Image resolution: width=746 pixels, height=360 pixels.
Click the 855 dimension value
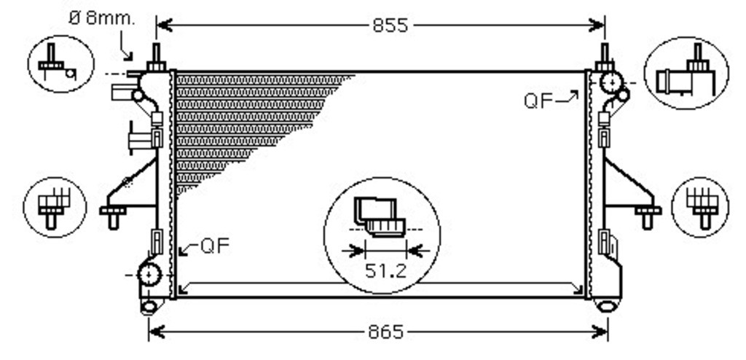point(390,26)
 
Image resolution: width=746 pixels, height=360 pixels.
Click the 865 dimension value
point(386,332)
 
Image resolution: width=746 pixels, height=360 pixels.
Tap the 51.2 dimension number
point(385,271)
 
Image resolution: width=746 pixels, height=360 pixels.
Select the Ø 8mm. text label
point(102,18)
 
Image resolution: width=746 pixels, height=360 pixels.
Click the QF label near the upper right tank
point(538,101)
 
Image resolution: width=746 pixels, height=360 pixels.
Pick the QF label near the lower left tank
point(215,246)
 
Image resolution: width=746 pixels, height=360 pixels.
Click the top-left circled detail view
point(61,64)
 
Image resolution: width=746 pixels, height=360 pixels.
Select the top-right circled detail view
point(686,73)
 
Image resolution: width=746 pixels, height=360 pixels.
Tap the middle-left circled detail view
point(55,207)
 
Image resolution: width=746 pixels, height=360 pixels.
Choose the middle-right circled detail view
point(700,207)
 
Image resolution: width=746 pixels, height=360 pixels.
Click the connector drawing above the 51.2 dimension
point(380,217)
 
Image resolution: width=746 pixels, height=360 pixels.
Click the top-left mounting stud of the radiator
point(156,57)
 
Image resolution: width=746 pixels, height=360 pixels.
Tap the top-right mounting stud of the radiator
point(605,57)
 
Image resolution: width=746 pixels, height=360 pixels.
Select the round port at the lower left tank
point(149,275)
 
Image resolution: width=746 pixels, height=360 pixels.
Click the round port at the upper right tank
point(611,82)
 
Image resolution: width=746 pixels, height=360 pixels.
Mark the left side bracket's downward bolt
point(113,217)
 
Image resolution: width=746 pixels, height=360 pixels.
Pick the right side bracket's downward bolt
point(647,217)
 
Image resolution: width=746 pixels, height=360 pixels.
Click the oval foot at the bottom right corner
point(608,306)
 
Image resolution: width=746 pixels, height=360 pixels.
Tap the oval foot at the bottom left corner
point(149,307)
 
